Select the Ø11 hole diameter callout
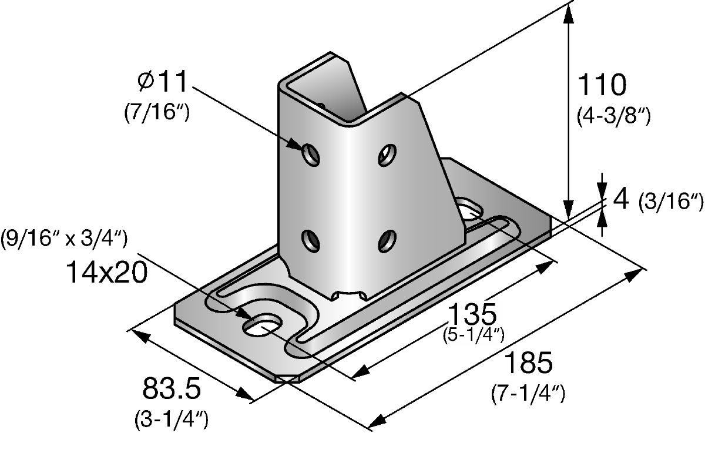click(161, 82)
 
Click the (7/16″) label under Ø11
click(156, 112)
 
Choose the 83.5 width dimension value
click(172, 389)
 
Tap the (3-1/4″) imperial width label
click(170, 420)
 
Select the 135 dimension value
click(473, 315)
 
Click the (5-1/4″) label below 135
click(473, 335)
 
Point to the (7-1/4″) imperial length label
click(528, 394)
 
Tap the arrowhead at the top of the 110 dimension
click(568, 15)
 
